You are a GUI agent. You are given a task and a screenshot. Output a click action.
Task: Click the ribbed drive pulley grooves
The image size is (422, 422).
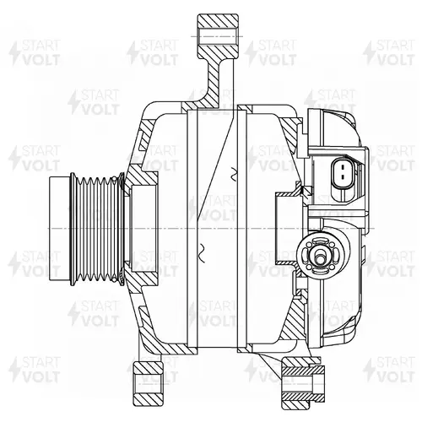[96, 229]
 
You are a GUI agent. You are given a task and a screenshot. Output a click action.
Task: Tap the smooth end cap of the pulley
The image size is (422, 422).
[59, 229]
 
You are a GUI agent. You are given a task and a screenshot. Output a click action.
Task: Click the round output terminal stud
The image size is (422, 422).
[320, 256]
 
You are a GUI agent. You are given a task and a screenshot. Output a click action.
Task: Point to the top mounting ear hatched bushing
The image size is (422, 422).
[218, 36]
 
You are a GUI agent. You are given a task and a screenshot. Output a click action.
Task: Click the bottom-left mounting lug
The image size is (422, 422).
[149, 383]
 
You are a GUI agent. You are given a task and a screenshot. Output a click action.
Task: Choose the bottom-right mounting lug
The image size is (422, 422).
[303, 384]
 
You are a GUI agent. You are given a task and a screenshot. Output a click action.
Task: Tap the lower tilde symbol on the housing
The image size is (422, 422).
[203, 249]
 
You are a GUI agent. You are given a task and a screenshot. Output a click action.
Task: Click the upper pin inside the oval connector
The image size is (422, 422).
[343, 167]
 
